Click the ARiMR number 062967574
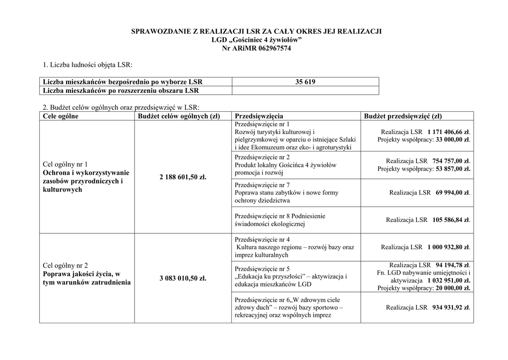pos(271,48)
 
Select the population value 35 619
pos(305,82)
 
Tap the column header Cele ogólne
pos(61,116)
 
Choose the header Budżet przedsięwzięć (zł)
pos(402,116)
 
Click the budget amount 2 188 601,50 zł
pos(183,177)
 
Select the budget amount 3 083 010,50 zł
pos(183,278)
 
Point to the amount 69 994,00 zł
pos(452,193)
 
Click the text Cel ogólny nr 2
pos(65,265)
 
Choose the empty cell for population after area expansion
pos(305,90)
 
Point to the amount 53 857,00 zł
pos(452,169)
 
